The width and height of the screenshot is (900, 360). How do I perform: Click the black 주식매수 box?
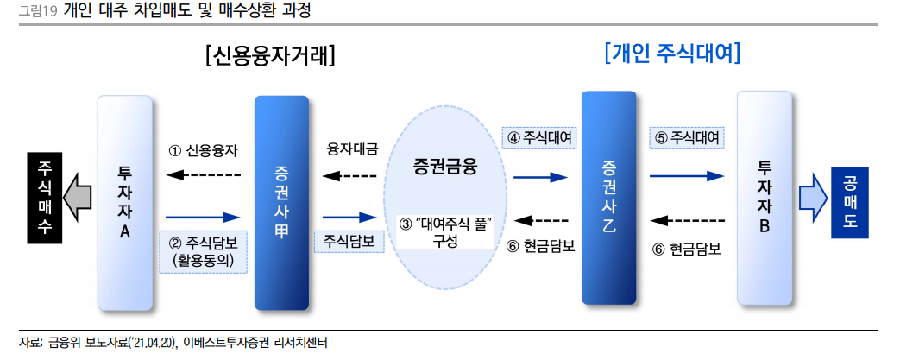click(x=45, y=197)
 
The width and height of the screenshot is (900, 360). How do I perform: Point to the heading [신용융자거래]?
click(x=270, y=55)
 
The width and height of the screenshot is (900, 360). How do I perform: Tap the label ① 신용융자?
click(x=203, y=150)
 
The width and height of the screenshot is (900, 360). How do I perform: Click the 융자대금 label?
click(x=351, y=150)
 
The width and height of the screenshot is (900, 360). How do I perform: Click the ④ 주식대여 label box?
click(x=540, y=137)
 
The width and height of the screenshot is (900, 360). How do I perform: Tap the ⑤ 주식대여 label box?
click(x=687, y=137)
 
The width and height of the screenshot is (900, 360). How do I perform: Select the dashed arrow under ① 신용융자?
click(x=203, y=175)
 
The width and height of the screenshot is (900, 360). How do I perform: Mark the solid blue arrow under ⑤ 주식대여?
click(x=687, y=175)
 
